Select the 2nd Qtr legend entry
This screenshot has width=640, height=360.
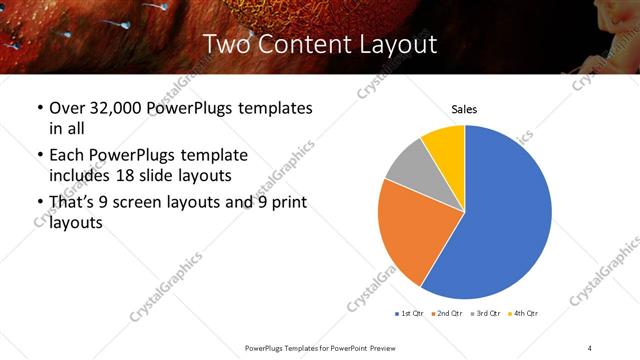coord(445,314)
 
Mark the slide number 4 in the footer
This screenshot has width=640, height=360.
coord(590,348)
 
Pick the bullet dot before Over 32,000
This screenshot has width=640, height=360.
coord(39,108)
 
